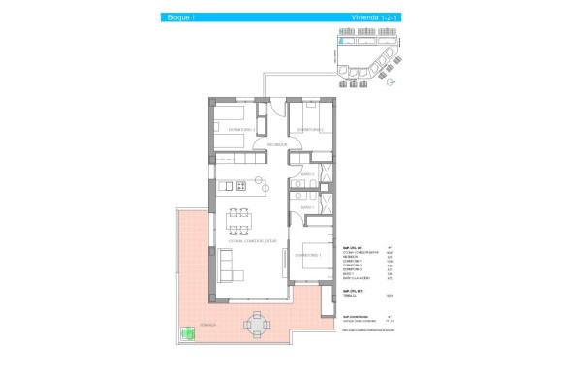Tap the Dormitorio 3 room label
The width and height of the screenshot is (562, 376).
(x=240, y=129)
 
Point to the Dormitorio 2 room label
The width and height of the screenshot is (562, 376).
(x=309, y=129)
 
